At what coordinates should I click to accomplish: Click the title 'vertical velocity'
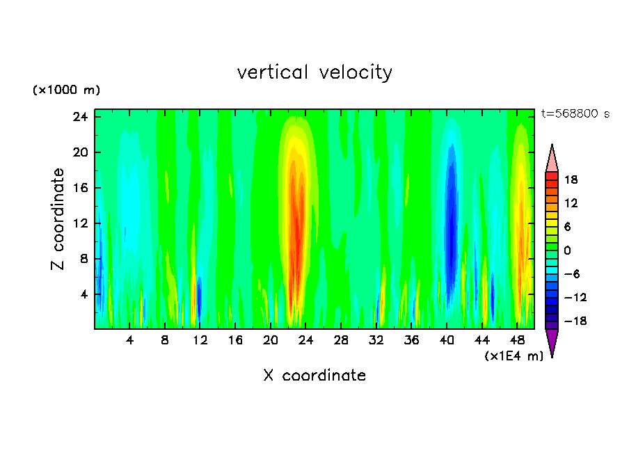point(314,72)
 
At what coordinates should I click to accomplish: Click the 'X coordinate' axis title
point(314,376)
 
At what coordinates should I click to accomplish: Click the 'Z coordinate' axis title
point(58,219)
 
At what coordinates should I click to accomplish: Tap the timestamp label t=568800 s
point(575,114)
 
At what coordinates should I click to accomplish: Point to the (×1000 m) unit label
point(66,90)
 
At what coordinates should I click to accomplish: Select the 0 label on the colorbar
point(566,250)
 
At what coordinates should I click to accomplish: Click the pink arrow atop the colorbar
point(552,158)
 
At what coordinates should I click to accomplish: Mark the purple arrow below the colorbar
point(552,342)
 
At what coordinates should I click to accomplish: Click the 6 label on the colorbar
point(566,227)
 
